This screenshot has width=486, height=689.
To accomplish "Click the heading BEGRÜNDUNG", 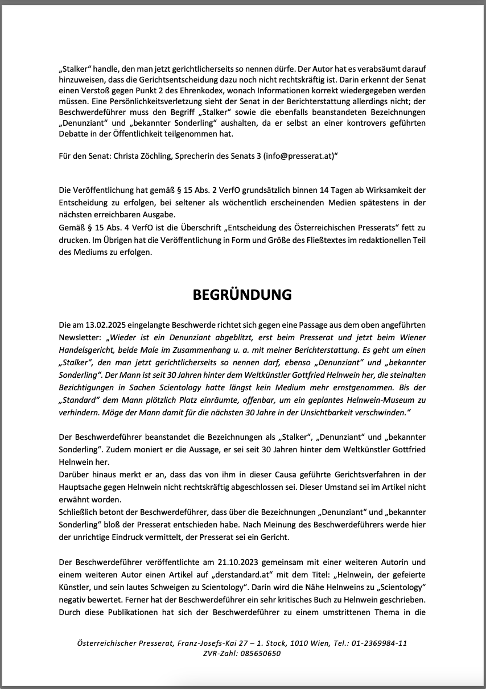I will [x=242, y=295].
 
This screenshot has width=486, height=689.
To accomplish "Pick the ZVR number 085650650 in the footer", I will [x=260, y=654].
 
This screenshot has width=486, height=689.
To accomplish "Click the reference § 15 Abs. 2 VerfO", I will [x=174, y=189].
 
